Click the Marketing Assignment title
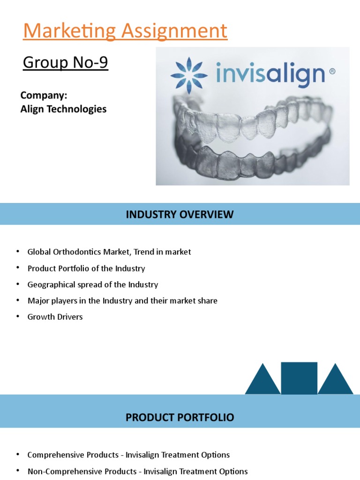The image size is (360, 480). click(x=125, y=31)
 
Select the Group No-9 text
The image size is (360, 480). click(x=65, y=62)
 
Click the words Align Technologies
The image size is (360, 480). click(x=63, y=109)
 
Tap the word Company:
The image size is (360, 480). click(x=44, y=96)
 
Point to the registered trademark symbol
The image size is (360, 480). click(x=332, y=72)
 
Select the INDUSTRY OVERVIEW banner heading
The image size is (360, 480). click(x=180, y=215)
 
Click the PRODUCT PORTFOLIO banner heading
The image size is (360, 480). click(x=180, y=417)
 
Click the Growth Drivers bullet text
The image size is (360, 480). click(x=55, y=317)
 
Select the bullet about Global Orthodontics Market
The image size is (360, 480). click(x=109, y=252)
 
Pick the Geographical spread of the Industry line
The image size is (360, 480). click(x=92, y=285)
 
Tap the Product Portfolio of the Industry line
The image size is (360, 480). click(x=86, y=269)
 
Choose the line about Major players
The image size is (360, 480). click(x=122, y=301)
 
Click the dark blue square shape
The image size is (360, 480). click(x=299, y=378)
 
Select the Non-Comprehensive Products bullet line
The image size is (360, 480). click(x=137, y=471)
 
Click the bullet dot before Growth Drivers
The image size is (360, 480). click(x=18, y=316)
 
